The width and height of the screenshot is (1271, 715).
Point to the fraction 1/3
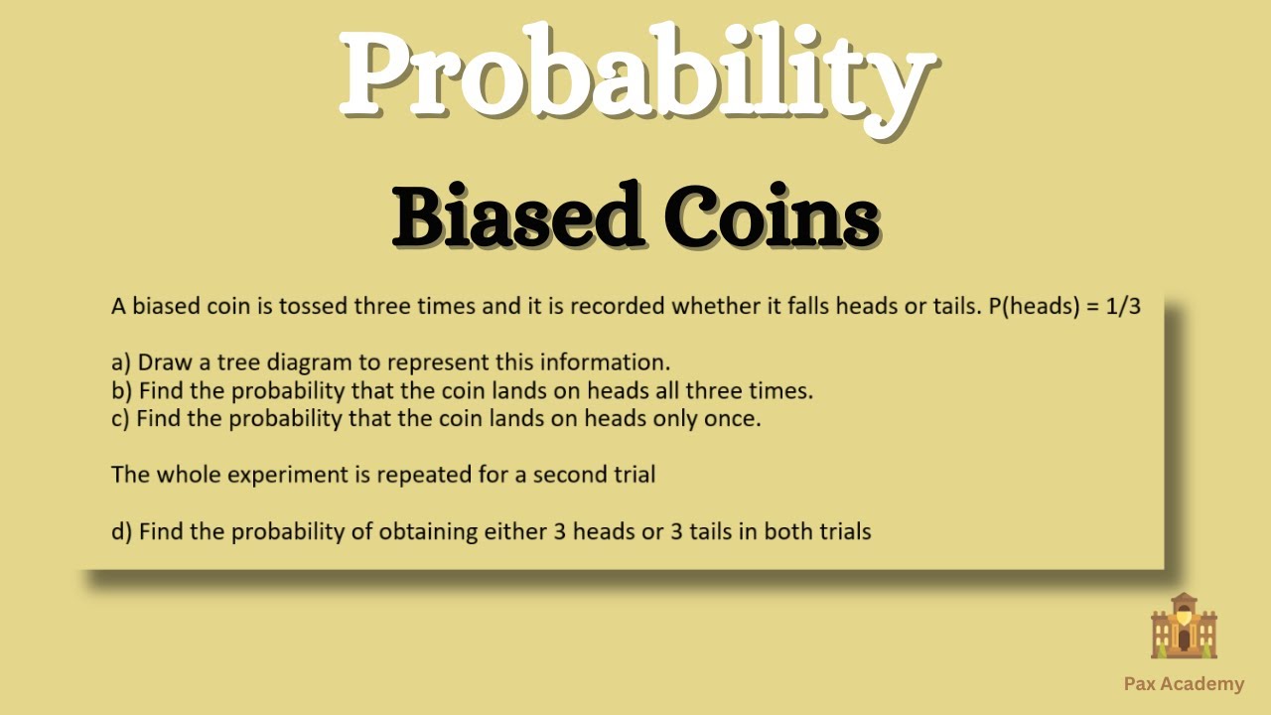point(1123,307)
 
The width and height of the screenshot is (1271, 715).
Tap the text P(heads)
point(1038,307)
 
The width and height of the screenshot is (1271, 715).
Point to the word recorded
point(617,307)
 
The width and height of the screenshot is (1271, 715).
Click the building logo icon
point(1184,627)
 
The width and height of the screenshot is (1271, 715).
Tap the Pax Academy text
point(1184,683)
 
